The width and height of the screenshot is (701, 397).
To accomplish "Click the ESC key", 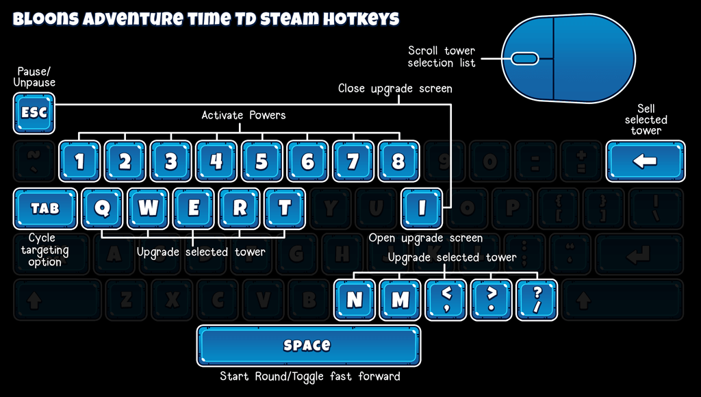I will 34,113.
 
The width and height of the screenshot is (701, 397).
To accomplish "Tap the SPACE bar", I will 308,346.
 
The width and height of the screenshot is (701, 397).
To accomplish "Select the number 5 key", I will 262,162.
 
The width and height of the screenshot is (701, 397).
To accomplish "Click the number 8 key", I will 398,162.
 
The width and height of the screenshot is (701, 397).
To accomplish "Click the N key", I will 355,299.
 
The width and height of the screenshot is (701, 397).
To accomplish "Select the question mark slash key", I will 537,299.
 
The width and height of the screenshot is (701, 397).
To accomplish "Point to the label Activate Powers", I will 243,115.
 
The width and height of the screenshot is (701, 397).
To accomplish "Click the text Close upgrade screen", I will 395,88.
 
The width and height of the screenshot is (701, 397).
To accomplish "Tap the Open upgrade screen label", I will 425,238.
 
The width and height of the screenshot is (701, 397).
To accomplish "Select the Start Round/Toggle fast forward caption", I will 309,376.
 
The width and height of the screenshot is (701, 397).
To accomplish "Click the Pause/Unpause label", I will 34,77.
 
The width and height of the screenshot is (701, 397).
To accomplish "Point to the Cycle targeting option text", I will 45,250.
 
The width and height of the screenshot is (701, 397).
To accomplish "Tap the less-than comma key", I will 446,299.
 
